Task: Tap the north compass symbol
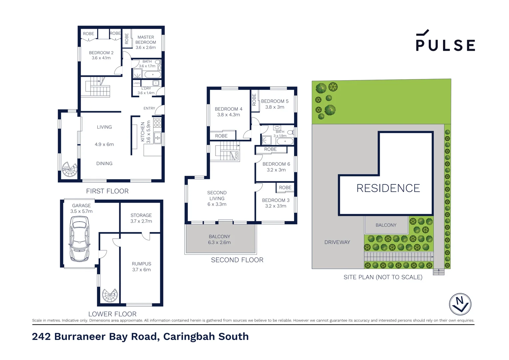click(460, 304)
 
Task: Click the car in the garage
click(79, 239)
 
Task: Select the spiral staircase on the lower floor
click(110, 295)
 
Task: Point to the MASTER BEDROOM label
click(146, 42)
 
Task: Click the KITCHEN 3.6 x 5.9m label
click(146, 132)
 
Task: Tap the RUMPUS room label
click(141, 266)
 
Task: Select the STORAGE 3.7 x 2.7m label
click(141, 218)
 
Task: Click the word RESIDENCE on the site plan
click(388, 188)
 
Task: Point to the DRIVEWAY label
click(337, 242)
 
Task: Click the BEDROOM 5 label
click(274, 104)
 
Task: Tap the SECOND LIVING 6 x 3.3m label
click(217, 198)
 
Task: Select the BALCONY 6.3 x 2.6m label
click(219, 239)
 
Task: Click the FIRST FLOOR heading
click(107, 191)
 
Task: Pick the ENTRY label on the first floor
click(149, 108)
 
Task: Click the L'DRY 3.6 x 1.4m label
click(146, 91)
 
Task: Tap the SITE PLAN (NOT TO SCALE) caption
click(383, 277)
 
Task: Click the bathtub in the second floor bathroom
click(285, 141)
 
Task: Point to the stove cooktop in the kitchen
click(157, 122)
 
